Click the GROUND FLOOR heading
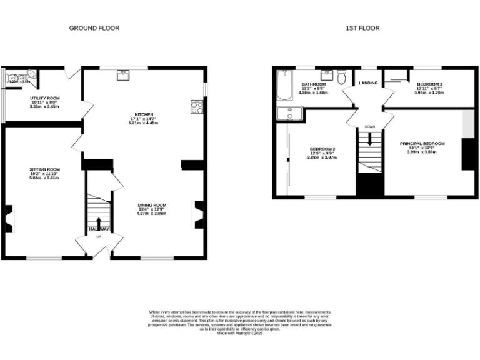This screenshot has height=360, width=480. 94,28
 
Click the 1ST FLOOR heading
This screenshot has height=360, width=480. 362,28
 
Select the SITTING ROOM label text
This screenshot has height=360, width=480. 44,169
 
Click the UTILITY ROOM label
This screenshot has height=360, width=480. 44,99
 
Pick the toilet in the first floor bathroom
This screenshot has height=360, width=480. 341,78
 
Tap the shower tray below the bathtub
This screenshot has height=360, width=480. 289,113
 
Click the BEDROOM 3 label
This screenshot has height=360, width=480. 430,84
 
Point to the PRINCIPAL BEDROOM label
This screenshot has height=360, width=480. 422,144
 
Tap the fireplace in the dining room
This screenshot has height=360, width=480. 199,213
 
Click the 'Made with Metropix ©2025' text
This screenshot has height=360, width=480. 239,334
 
